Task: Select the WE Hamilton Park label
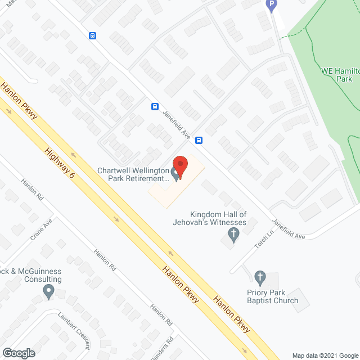[x=336, y=75]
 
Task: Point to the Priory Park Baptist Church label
[x=272, y=296]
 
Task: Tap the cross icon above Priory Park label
[x=259, y=277]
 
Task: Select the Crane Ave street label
[x=41, y=229]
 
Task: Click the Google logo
[x=18, y=353]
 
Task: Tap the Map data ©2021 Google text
[x=325, y=355]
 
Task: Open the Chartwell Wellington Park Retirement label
[x=133, y=174]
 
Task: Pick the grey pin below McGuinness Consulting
[x=48, y=292]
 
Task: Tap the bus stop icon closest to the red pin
[x=199, y=140]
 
